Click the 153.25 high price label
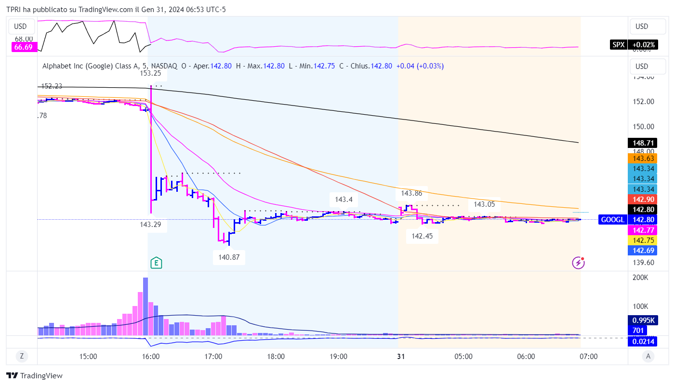pyautogui.click(x=150, y=73)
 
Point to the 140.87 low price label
pyautogui.click(x=229, y=257)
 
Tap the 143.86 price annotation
pyautogui.click(x=411, y=194)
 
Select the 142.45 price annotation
pyautogui.click(x=422, y=236)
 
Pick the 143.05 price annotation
pyautogui.click(x=484, y=204)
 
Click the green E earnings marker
pyautogui.click(x=156, y=263)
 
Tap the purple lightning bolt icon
pyautogui.click(x=578, y=263)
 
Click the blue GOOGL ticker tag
pyautogui.click(x=612, y=220)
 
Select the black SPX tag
pyautogui.click(x=618, y=45)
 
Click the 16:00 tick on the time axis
pyautogui.click(x=151, y=357)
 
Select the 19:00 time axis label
pyautogui.click(x=338, y=357)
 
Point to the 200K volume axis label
pyautogui.click(x=640, y=278)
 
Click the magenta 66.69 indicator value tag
pyautogui.click(x=23, y=47)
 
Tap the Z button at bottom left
pyautogui.click(x=22, y=357)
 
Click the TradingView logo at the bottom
pyautogui.click(x=34, y=376)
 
